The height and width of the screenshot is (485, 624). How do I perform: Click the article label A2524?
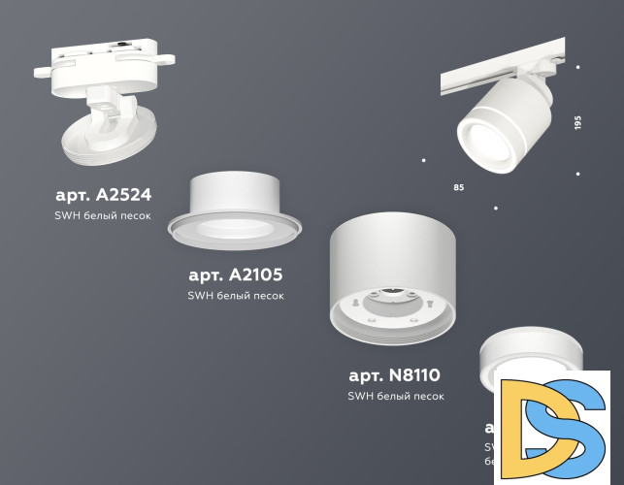[x=104, y=194]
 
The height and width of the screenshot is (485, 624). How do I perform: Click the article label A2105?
[x=236, y=275]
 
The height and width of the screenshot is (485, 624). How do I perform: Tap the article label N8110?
[x=395, y=374]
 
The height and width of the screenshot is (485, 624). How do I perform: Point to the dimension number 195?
[x=577, y=123]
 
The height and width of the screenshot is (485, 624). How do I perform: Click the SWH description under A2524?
[x=104, y=215]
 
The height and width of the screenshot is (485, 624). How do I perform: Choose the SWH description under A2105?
[x=236, y=295]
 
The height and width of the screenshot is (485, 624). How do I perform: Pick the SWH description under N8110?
[x=395, y=396]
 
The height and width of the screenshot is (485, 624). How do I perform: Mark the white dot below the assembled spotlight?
[x=496, y=208]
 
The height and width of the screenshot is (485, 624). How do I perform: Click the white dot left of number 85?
[x=424, y=157]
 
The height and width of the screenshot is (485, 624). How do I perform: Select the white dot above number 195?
[x=577, y=67]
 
